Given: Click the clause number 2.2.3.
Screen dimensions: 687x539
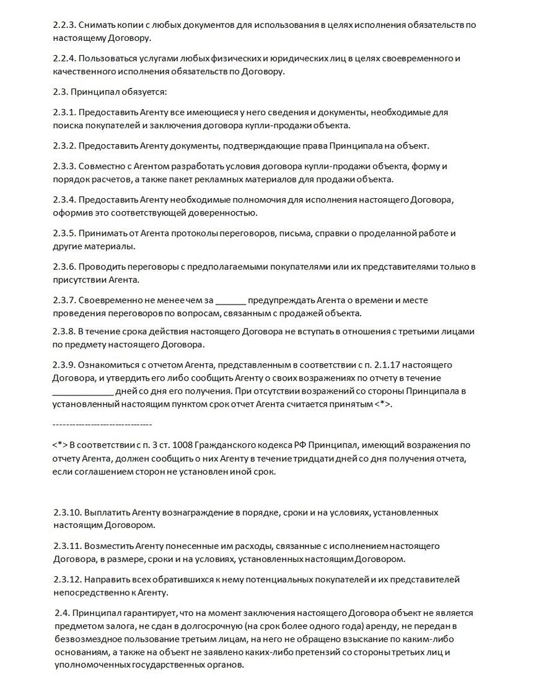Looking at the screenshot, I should point(64,25).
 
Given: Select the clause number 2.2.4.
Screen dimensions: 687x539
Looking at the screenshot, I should point(64,59).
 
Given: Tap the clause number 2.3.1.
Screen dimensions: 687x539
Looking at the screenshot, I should point(64,113).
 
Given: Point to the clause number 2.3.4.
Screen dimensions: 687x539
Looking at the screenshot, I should point(64,201).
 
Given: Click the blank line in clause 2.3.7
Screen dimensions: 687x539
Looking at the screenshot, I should point(232,301).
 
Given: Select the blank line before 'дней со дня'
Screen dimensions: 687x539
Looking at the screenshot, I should point(83,392).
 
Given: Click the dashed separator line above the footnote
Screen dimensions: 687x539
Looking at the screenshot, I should point(102,425).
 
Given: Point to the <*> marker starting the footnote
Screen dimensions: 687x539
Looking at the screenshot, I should point(60,445).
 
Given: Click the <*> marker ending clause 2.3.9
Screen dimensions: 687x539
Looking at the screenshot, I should point(382,405).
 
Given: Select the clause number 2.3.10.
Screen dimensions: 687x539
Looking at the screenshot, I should point(67,513).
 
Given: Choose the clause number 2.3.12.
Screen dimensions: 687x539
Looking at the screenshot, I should point(67,580).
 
